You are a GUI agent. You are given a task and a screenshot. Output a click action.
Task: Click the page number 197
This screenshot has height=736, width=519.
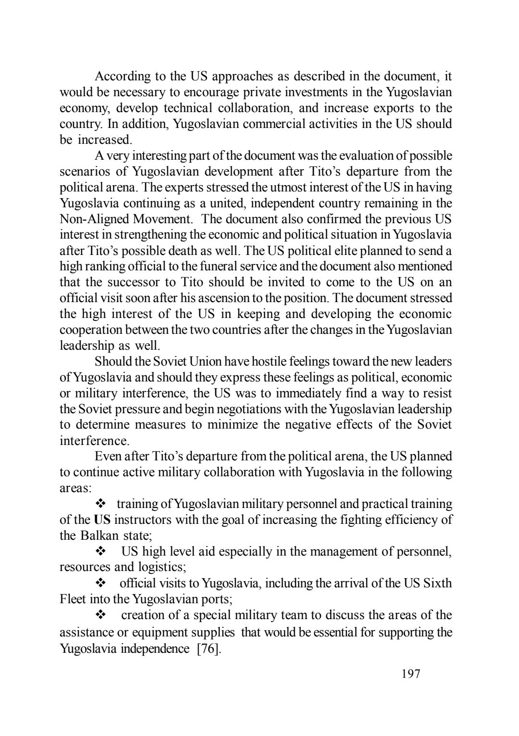tap(410, 674)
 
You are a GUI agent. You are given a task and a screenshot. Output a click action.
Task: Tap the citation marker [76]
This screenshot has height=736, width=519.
tap(210, 648)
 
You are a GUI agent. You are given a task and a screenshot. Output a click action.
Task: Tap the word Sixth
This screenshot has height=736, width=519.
tap(437, 584)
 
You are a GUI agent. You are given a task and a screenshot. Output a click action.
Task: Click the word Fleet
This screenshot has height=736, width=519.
tap(73, 599)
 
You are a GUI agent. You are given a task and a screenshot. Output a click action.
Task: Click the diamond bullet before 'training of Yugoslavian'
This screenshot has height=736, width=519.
tap(101, 504)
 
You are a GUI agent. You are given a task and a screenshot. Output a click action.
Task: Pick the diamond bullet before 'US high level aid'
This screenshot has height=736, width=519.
tap(101, 552)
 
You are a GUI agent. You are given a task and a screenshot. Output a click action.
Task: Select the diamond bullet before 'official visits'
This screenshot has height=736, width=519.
tap(101, 584)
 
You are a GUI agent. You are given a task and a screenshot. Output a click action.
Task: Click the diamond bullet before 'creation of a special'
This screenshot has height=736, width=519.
tap(101, 615)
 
